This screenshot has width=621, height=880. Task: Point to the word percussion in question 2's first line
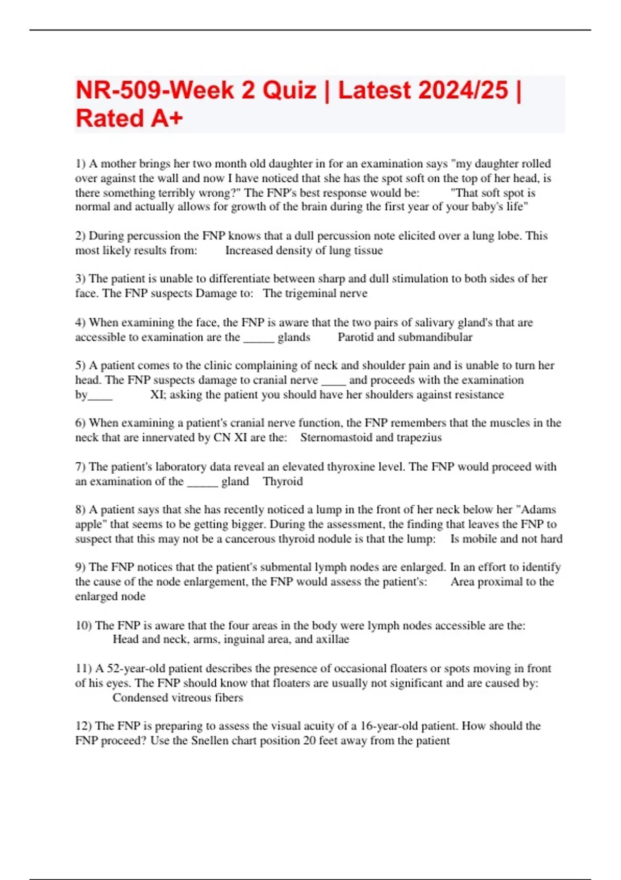(162, 236)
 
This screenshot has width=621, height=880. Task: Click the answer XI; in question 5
(158, 394)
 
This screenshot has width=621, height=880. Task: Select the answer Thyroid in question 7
(283, 481)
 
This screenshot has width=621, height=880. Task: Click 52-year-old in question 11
(137, 668)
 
